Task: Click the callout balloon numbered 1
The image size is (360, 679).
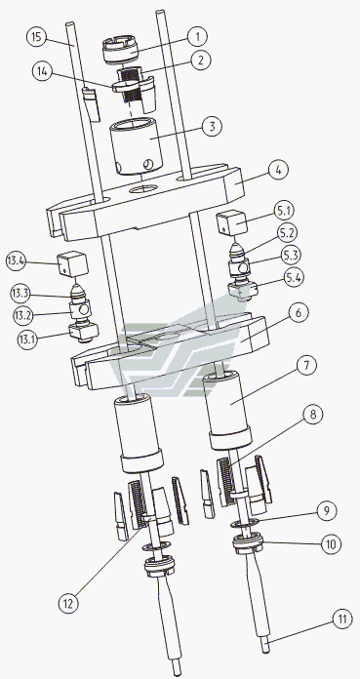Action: coord(197,37)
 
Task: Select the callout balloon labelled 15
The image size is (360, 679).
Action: coord(37,36)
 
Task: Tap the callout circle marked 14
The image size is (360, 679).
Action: coord(42,71)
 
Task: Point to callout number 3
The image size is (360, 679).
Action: coord(212,127)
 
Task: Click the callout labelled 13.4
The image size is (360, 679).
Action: coord(17,261)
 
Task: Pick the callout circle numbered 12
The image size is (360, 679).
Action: coord(69,603)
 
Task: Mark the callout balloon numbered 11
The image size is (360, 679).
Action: coord(342,619)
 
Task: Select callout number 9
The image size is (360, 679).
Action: coord(326,510)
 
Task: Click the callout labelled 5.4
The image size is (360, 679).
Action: coord(294,278)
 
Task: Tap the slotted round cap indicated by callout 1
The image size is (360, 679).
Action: coord(121,50)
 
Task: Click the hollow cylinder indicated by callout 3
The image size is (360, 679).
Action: coord(135,147)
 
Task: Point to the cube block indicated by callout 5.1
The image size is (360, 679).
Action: coord(230,220)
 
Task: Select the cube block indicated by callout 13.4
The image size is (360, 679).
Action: coord(72,262)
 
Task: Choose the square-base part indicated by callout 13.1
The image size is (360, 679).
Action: coord(83,333)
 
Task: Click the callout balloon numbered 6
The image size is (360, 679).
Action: coord(299,312)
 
